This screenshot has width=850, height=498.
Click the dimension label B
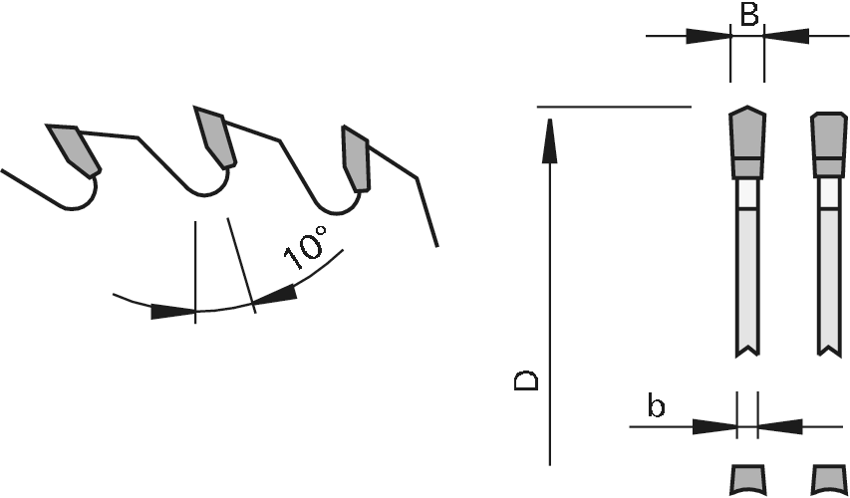(748, 14)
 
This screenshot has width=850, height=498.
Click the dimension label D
(526, 380)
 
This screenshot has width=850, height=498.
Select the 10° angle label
(306, 248)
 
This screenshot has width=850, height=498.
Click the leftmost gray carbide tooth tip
(75, 150)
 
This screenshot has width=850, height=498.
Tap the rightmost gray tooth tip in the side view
(356, 158)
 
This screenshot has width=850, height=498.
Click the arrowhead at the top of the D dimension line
(550, 140)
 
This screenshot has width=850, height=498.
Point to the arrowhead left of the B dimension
(708, 36)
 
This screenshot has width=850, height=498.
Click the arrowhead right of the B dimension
(786, 36)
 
